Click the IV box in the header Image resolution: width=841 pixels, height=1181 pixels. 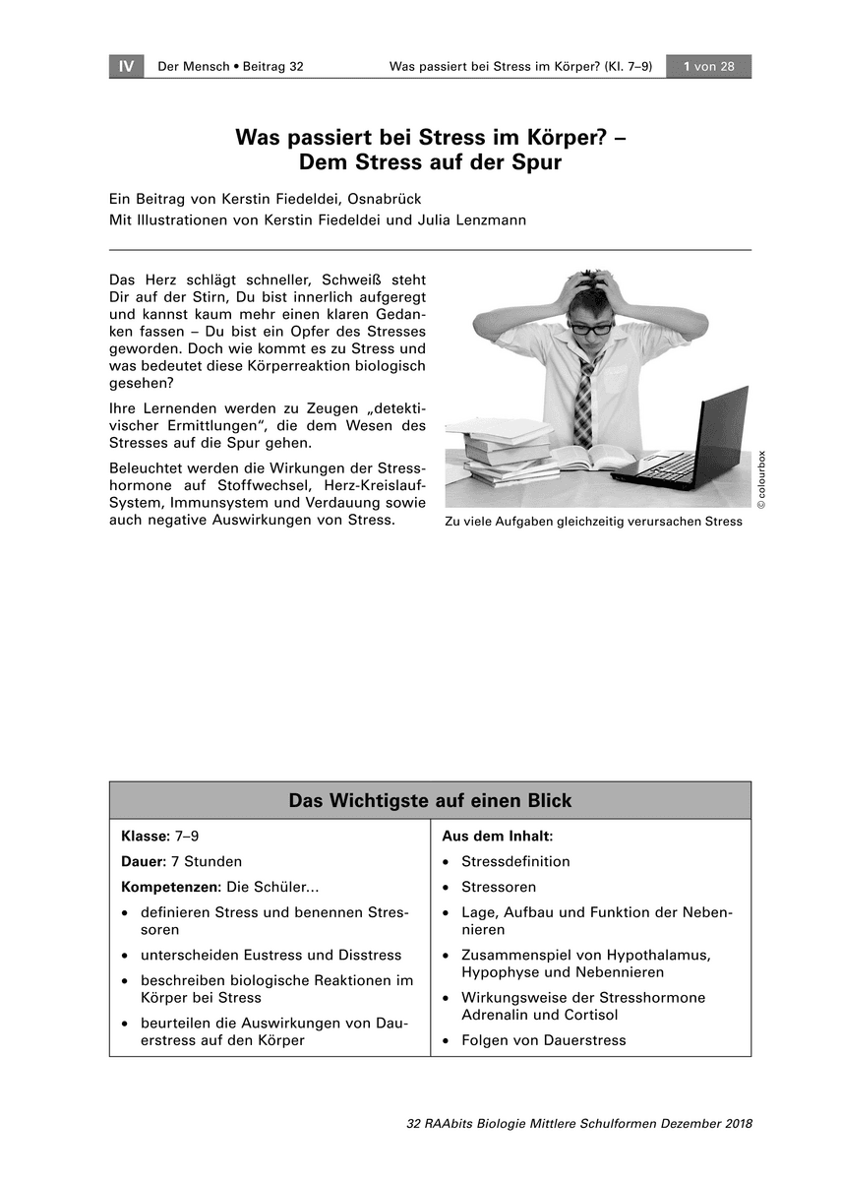click(126, 66)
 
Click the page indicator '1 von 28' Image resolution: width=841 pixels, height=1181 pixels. click(708, 66)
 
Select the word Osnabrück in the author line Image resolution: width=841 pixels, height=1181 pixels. click(384, 199)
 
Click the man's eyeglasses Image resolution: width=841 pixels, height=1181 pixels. click(591, 327)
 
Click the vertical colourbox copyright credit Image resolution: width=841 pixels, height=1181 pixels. click(760, 479)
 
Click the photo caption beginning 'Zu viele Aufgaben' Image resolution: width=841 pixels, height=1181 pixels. click(593, 522)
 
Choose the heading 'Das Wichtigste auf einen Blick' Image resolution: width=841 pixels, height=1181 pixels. click(430, 800)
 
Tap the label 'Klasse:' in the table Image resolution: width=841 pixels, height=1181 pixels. click(146, 836)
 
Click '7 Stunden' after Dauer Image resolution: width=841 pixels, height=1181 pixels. click(207, 861)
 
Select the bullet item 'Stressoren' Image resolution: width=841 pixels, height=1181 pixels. click(499, 887)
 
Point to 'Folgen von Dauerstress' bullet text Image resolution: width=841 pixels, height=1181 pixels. click(543, 1040)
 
